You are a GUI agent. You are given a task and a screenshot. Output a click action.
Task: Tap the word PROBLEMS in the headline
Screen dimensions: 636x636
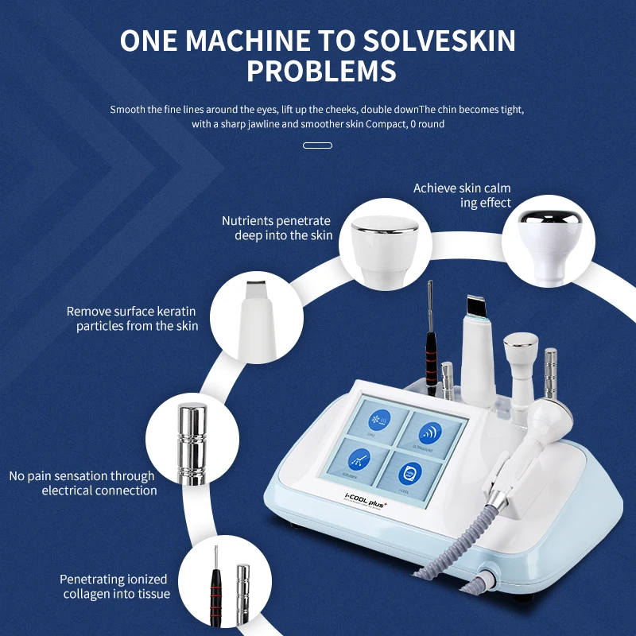321,72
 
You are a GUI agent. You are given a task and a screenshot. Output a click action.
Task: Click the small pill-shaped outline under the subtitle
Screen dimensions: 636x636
318,145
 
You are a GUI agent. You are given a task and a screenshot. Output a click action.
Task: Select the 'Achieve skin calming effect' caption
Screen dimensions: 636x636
462,196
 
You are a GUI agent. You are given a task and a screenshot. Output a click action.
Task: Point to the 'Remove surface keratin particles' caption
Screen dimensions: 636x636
132,319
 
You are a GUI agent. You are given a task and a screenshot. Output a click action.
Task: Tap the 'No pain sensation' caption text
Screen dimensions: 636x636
83,483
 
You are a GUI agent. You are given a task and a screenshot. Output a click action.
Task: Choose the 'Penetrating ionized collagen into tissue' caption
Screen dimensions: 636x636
115,587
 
